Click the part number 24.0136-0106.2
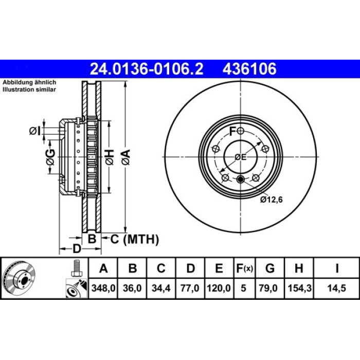tap(147, 68)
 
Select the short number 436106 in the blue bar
tap(249, 68)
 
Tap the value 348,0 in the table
tap(103, 288)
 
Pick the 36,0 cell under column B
tap(132, 288)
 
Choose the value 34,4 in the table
tap(161, 288)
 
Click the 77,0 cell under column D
tap(190, 288)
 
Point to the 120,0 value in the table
tap(219, 288)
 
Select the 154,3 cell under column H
tap(299, 288)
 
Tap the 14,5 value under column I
tap(336, 288)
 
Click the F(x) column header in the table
tap(244, 268)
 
